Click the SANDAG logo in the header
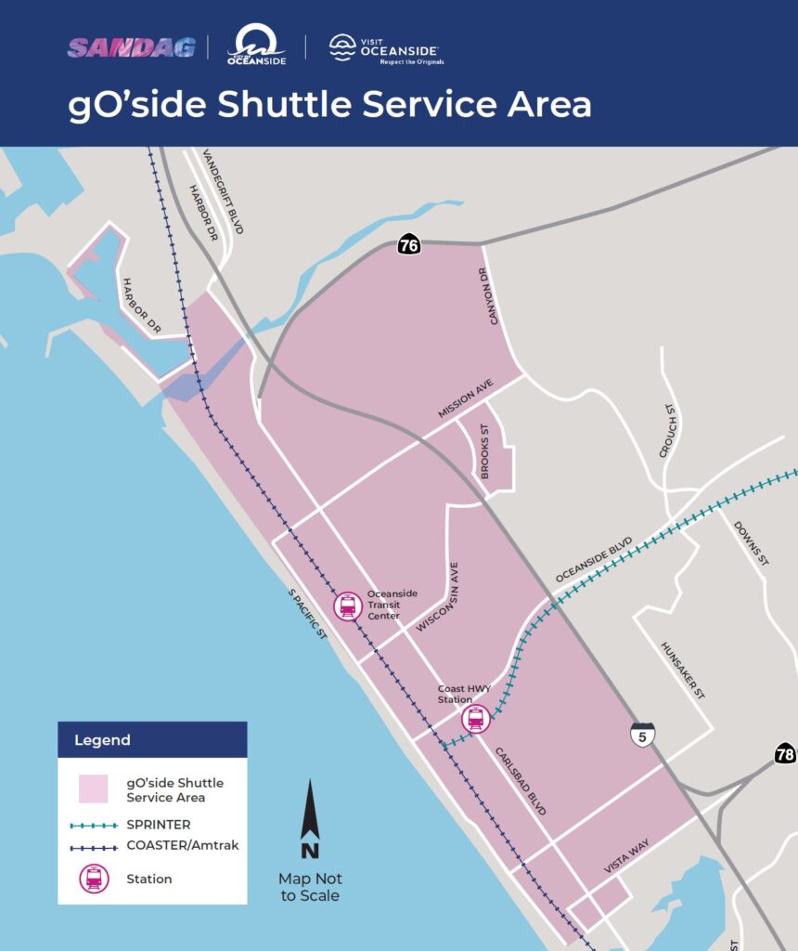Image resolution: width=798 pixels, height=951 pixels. coord(131,46)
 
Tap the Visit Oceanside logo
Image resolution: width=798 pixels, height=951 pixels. coord(387,48)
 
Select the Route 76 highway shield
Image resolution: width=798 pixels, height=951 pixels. coord(409,245)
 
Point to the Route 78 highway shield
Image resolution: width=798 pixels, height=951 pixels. coord(785,754)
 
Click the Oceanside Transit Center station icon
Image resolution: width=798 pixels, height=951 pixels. coord(348,606)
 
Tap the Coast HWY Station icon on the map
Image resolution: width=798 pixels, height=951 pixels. coord(475,719)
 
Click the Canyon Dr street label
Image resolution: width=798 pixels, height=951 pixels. coord(496,296)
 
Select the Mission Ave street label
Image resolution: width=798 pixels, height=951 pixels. coord(466,398)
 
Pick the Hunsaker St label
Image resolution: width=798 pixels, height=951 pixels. coord(683,670)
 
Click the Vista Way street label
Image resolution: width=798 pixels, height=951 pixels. coord(627,853)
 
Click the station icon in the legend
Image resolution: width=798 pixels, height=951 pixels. coord(94,879)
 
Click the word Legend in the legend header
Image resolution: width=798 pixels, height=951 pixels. coord(103,740)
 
